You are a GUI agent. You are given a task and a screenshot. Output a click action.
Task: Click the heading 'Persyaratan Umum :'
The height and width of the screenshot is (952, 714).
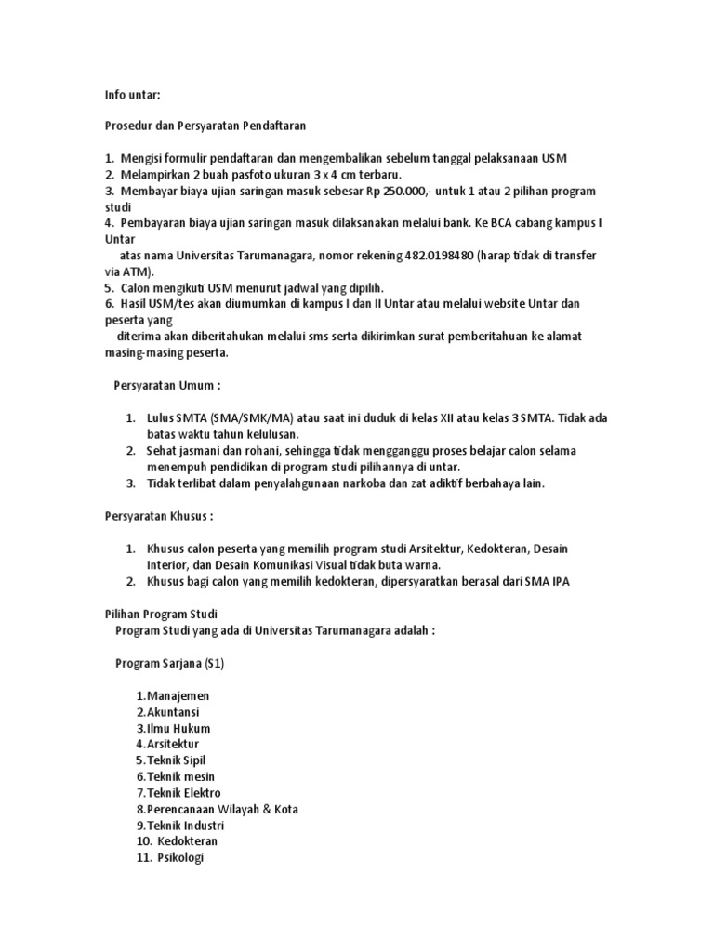pyautogui.click(x=167, y=384)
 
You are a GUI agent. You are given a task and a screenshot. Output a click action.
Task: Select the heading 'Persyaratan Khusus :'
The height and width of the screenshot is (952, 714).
pyautogui.click(x=159, y=515)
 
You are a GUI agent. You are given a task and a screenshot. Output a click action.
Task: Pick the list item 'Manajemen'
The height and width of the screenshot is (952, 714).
pyautogui.click(x=178, y=695)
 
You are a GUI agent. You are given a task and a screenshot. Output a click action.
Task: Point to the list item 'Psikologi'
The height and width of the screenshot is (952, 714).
pyautogui.click(x=180, y=857)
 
